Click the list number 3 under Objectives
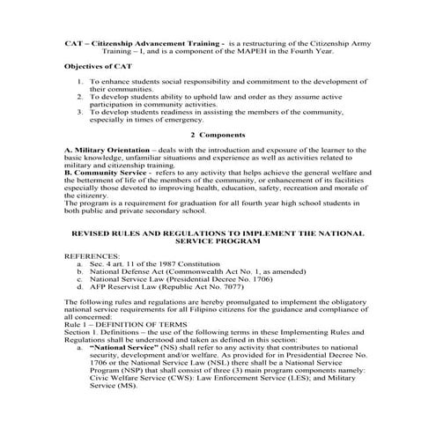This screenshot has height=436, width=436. [x=79, y=113]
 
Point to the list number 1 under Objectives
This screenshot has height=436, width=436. [x=79, y=80]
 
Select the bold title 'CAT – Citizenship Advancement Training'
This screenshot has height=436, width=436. [x=142, y=42]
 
